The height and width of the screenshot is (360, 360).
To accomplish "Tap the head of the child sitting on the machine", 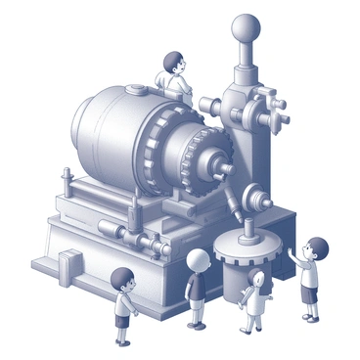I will (173, 64).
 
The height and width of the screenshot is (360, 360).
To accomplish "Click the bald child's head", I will (199, 260).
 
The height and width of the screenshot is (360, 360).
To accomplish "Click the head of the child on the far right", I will (316, 248).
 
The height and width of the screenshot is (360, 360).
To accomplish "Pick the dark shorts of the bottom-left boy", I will (122, 320).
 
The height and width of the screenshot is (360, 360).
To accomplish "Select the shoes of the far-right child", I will (309, 316).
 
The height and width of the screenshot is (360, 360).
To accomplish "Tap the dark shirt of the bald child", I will (196, 288).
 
